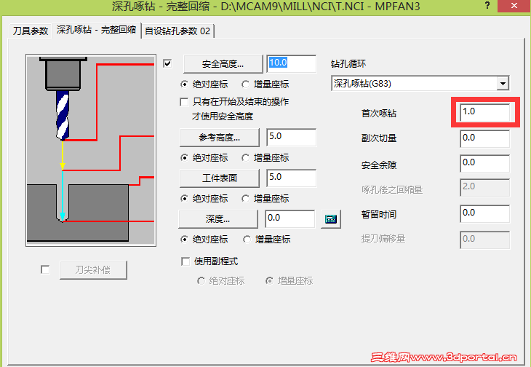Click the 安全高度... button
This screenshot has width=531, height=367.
coord(223,64)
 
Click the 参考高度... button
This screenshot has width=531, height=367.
coord(220,138)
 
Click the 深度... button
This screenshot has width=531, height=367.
coord(217,219)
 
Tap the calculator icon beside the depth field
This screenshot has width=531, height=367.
coord(331,219)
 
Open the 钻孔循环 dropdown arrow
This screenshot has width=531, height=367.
coord(503,83)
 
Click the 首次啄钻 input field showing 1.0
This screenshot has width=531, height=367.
coord(484,112)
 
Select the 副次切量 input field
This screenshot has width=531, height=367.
coord(484,138)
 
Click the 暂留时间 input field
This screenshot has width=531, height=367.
coord(484,213)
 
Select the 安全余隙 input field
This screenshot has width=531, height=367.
coord(484,163)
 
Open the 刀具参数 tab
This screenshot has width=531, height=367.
coord(30,31)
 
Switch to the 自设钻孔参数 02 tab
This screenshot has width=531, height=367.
coord(177,31)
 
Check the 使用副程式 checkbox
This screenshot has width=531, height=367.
coord(185,261)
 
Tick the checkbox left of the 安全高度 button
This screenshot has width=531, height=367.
coord(167,63)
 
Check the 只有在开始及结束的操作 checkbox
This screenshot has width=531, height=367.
coord(184,102)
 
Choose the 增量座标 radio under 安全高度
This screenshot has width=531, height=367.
coord(246,84)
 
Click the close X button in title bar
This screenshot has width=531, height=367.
coord(514,6)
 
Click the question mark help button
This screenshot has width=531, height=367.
coord(487,5)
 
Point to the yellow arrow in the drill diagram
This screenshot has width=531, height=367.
coord(63,155)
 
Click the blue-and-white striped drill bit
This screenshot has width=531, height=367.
coord(63,116)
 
